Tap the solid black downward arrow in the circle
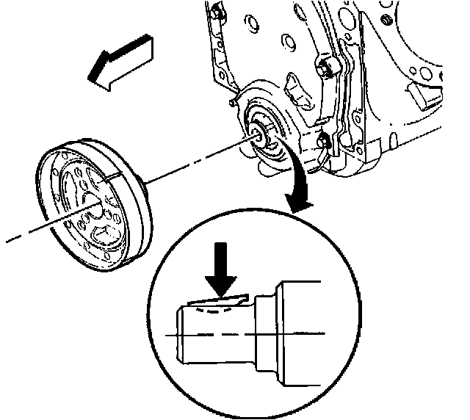220,275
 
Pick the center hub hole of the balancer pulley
90,209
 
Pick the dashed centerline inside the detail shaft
220,335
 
